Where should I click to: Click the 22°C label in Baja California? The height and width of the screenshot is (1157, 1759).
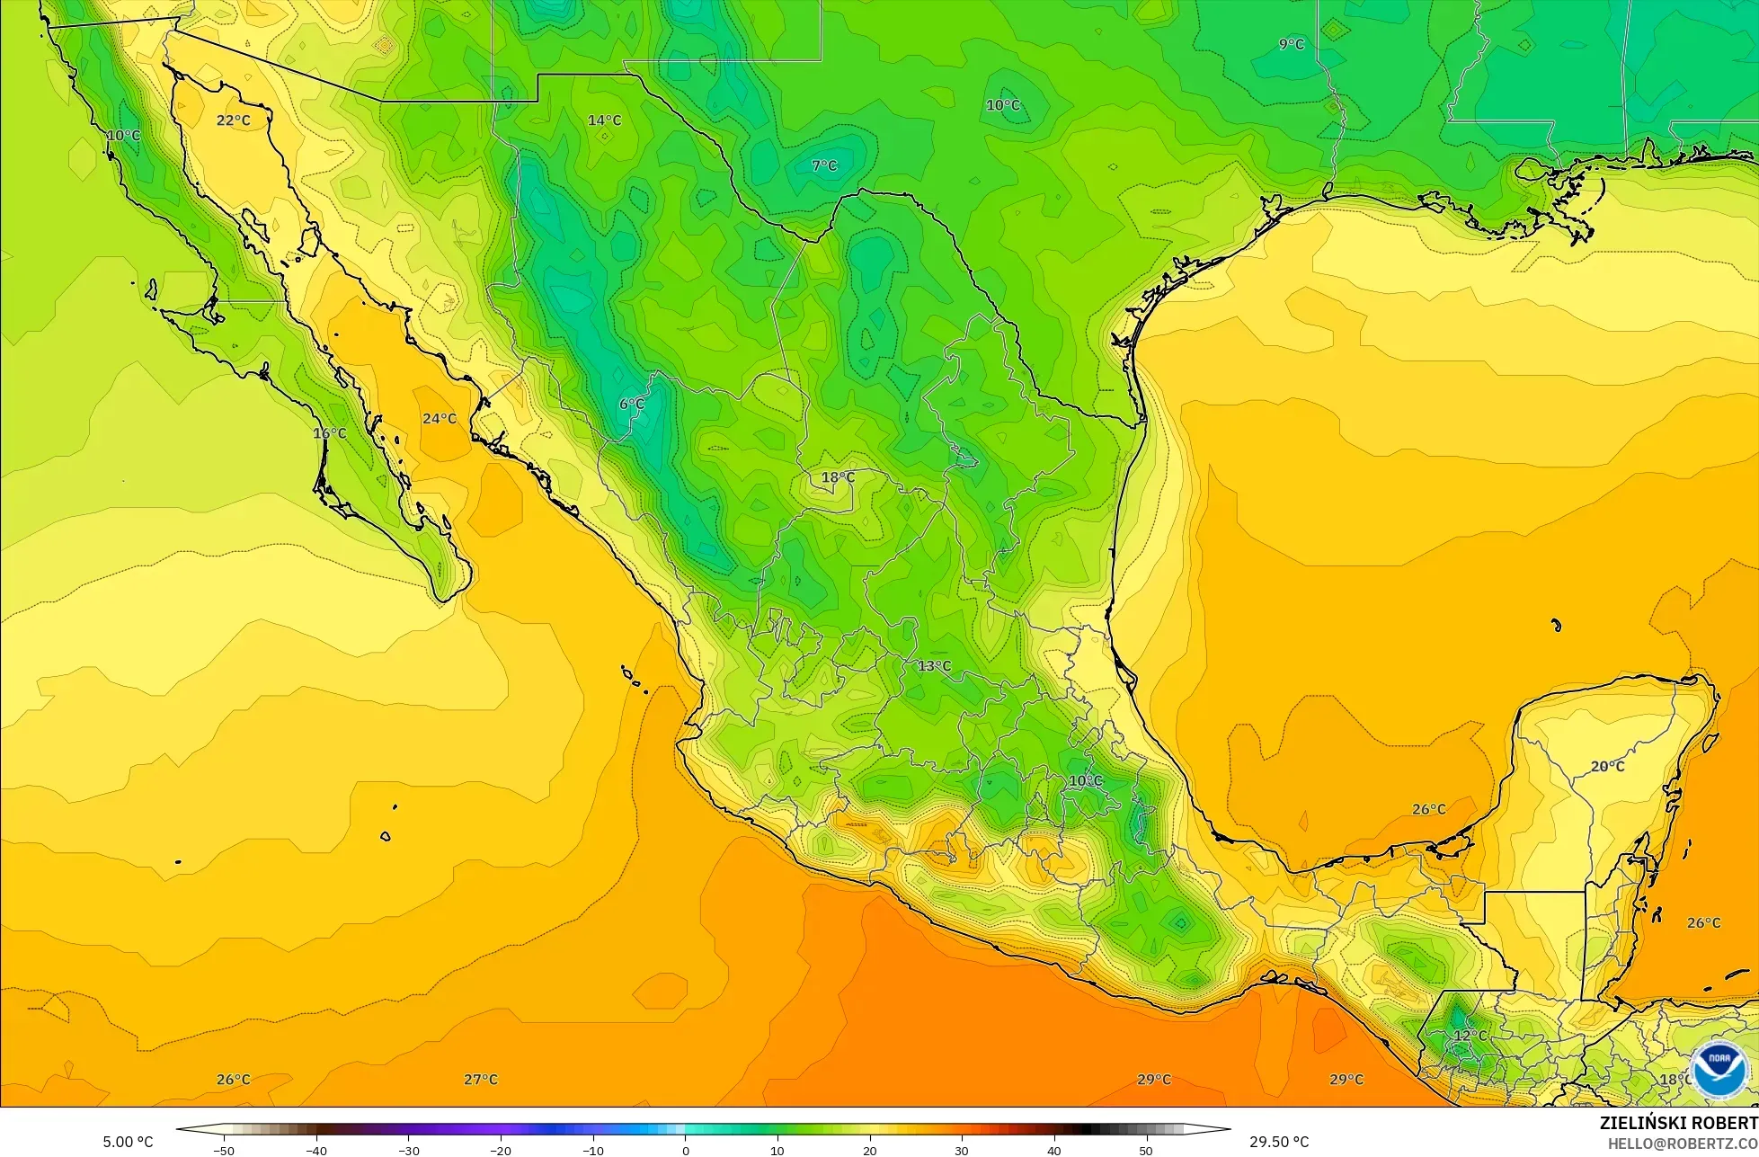click(233, 120)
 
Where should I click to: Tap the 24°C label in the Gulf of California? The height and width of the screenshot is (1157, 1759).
click(440, 419)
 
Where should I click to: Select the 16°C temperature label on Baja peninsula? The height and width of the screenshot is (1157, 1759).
click(329, 433)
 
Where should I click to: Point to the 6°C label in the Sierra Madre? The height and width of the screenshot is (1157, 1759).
click(632, 405)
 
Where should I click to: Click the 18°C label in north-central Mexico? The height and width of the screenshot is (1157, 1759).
click(838, 477)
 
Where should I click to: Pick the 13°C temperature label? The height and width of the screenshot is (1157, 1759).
click(934, 666)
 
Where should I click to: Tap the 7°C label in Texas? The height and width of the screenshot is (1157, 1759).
click(824, 166)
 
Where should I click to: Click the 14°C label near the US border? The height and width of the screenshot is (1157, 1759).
click(604, 120)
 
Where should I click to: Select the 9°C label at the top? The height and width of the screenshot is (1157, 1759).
click(1292, 44)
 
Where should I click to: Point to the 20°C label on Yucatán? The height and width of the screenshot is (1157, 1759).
click(1608, 767)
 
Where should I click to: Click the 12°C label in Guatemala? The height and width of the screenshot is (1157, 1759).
click(1470, 1036)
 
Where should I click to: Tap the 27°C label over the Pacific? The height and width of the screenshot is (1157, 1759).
click(481, 1080)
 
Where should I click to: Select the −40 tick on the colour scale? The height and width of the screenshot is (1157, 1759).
click(316, 1150)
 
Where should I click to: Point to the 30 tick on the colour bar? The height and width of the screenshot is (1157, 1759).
click(962, 1150)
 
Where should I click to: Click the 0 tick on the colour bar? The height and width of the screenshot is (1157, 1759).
click(685, 1150)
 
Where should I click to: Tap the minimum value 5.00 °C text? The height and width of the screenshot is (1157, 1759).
click(128, 1142)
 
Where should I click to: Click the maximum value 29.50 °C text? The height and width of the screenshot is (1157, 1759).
click(1279, 1142)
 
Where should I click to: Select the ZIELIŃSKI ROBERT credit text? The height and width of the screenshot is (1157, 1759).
click(1678, 1123)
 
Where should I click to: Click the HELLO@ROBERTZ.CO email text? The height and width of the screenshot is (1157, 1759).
click(1683, 1144)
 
